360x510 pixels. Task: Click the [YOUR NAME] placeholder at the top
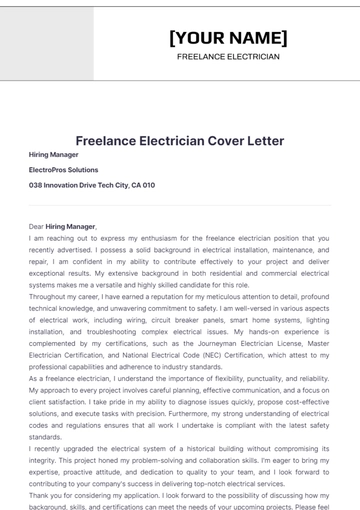(228, 38)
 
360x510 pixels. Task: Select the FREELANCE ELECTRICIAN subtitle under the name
(228, 57)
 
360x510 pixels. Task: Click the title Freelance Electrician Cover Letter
(180, 141)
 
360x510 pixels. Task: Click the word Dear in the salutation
(37, 227)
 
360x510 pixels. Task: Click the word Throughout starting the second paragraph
(50, 298)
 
